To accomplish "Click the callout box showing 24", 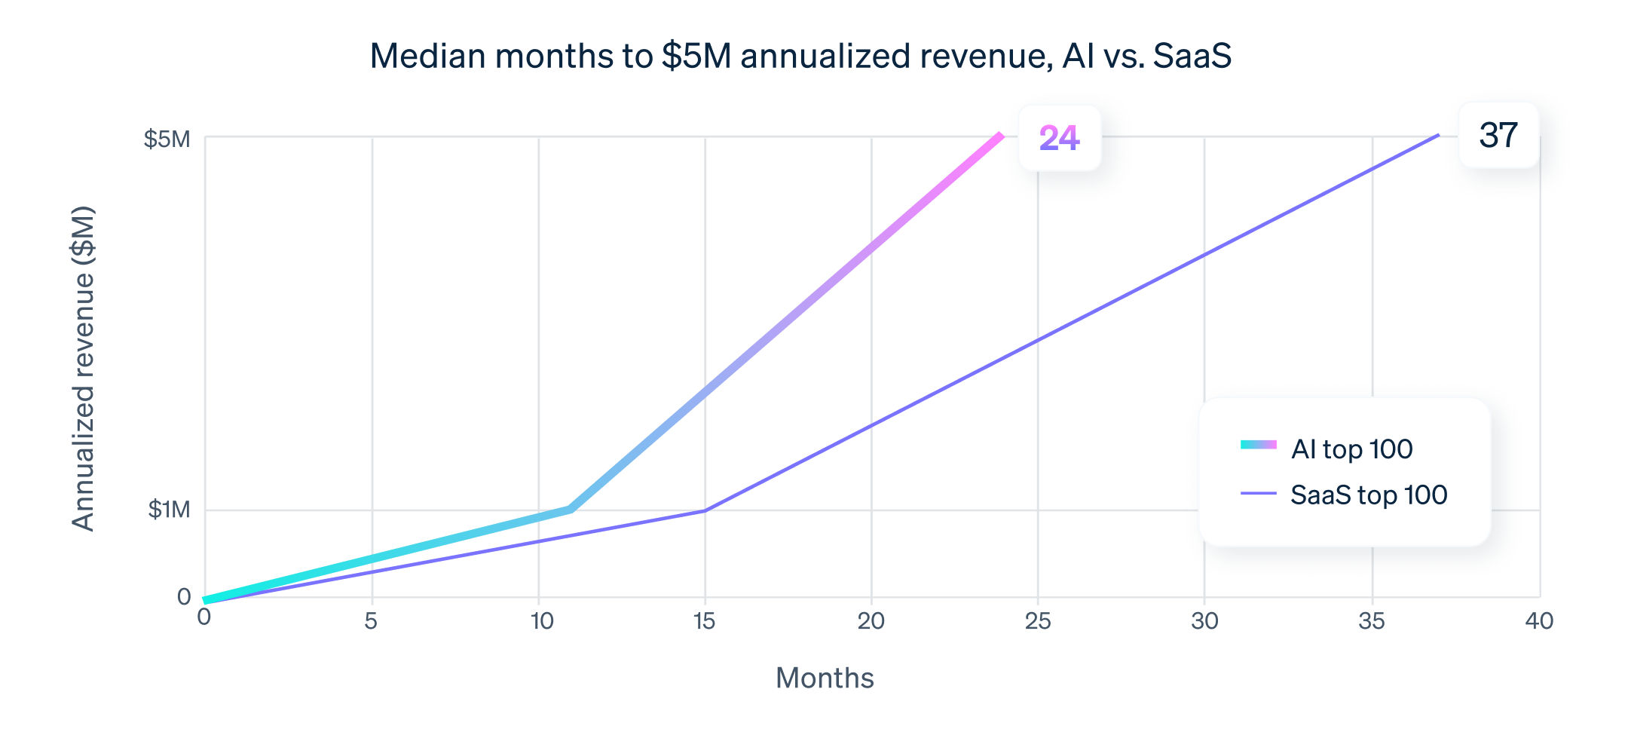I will click(x=1059, y=138).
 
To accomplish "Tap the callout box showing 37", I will click(x=1498, y=135).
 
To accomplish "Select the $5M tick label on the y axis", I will click(x=167, y=139).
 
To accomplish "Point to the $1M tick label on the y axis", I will click(x=169, y=510).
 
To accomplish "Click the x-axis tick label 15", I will click(x=704, y=621).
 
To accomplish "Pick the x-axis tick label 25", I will click(x=1038, y=621).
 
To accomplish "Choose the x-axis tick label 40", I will click(x=1538, y=621).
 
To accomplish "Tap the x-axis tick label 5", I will click(x=371, y=621).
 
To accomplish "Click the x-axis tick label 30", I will click(x=1204, y=621).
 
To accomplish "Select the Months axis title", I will click(x=825, y=678).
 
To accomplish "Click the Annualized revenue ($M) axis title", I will click(x=84, y=369).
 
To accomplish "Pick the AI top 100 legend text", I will click(x=1351, y=449).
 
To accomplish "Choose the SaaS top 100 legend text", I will click(x=1369, y=495).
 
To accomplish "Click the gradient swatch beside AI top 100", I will click(x=1258, y=445).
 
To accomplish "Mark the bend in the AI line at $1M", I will click(x=571, y=510).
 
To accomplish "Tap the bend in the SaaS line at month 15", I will click(x=705, y=510).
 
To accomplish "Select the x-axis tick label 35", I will click(x=1372, y=621).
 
